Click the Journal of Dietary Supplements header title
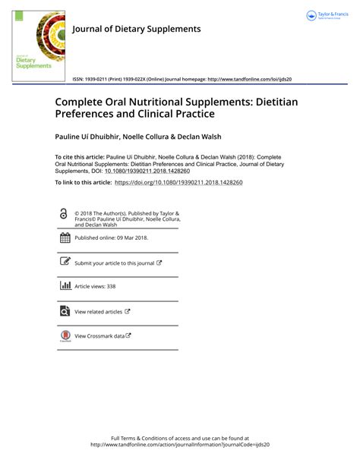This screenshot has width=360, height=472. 136,29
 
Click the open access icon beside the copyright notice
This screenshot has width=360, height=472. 63,216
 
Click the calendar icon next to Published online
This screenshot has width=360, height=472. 65,238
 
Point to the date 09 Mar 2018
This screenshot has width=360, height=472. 131,238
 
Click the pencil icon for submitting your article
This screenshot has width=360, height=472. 65,263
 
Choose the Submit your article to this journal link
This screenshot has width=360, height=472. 115,263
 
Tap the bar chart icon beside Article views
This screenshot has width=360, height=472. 65,286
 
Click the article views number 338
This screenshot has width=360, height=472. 111,287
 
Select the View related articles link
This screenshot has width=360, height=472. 99,311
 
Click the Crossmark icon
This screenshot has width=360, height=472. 65,335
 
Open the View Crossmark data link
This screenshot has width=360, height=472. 99,335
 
